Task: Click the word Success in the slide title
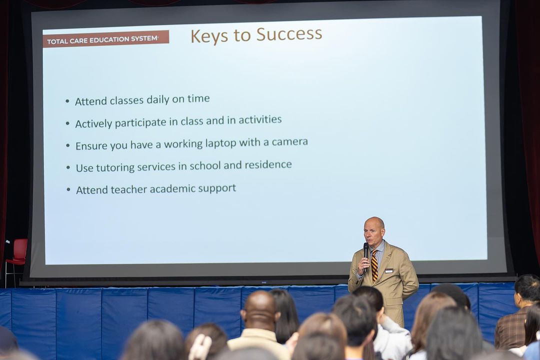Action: click(x=289, y=34)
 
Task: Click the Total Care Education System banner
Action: click(x=105, y=39)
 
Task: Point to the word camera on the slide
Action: click(x=289, y=141)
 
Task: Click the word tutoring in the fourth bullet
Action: click(x=115, y=167)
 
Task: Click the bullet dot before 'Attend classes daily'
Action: click(x=67, y=101)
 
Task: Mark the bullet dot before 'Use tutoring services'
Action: click(x=68, y=168)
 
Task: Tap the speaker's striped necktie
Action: click(x=374, y=266)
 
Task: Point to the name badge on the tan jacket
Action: click(x=389, y=271)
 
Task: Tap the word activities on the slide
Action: click(x=260, y=119)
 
